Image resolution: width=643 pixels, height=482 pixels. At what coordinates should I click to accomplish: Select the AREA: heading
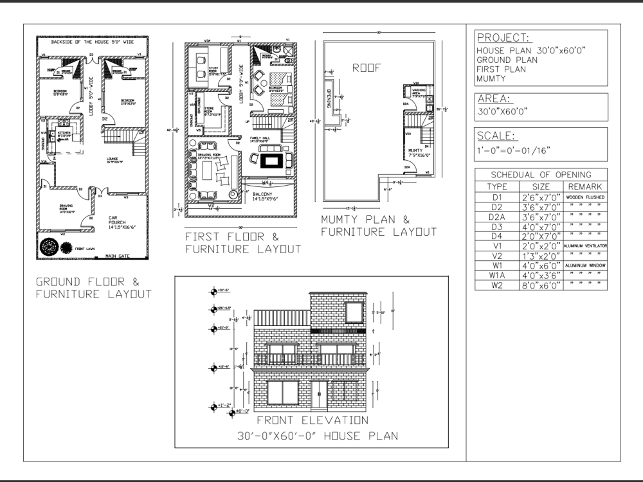(x=494, y=99)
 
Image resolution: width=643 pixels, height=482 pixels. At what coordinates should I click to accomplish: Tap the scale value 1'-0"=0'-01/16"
(x=513, y=150)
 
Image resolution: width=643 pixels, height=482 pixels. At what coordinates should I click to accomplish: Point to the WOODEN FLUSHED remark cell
(x=585, y=197)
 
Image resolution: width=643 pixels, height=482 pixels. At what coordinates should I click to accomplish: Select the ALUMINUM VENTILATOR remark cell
(x=585, y=245)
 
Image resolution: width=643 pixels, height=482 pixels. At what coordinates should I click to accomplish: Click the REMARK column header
(x=585, y=186)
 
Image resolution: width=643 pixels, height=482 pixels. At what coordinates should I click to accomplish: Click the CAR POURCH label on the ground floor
(x=120, y=222)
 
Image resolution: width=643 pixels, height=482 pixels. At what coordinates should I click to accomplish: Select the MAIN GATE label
(x=117, y=256)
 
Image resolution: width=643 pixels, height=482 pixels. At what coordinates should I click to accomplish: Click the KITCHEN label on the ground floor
(x=64, y=134)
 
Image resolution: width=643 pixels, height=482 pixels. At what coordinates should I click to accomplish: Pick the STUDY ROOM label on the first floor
(x=215, y=72)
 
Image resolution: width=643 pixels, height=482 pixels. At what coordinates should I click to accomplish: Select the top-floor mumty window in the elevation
(x=353, y=312)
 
